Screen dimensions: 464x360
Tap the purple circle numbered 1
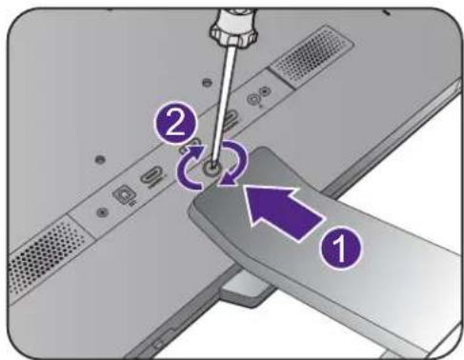pos(340,248)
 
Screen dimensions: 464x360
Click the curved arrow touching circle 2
pos(190,169)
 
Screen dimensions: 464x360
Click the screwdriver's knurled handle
pos(232,27)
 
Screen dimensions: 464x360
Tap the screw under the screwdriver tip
pos(212,170)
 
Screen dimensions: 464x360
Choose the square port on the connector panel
pos(124,193)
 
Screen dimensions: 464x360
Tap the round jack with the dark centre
pos(264,92)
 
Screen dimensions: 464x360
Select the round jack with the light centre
pos(253,100)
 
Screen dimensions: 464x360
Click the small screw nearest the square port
pos(102,212)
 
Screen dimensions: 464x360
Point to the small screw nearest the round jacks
pos(207,83)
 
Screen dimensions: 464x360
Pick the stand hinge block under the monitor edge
pos(244,290)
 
